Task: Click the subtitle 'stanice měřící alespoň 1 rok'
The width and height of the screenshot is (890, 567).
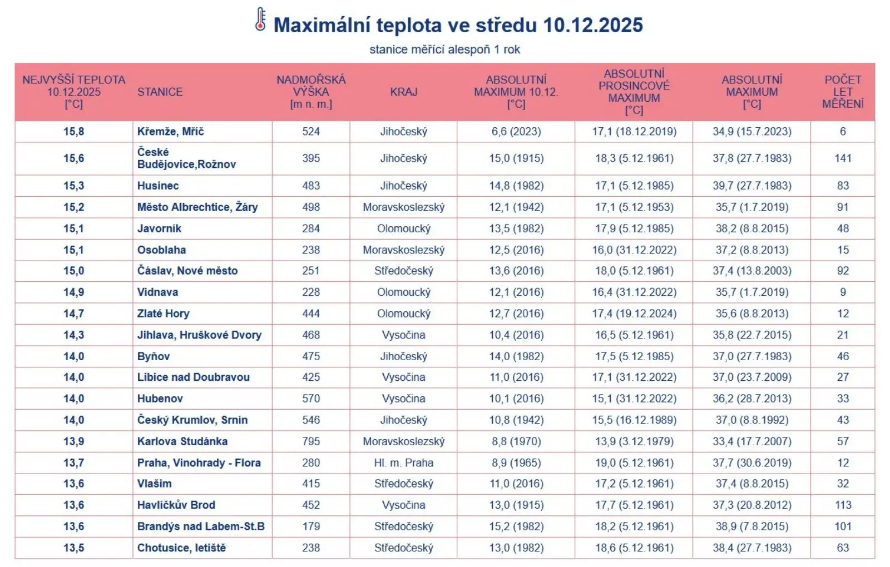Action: point(444,49)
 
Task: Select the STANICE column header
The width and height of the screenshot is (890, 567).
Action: point(160,92)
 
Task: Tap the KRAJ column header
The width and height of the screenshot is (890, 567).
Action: point(403,92)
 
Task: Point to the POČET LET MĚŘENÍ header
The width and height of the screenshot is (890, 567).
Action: point(843,92)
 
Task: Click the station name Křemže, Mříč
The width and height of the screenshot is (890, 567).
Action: point(170,132)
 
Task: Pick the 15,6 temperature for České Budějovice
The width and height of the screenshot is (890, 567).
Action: point(73,158)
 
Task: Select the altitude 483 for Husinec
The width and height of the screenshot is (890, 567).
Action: point(311,186)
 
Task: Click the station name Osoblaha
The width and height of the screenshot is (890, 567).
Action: point(161,250)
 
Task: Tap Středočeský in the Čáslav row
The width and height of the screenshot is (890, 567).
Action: point(403,271)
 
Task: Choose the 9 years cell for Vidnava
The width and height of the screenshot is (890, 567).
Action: point(843,292)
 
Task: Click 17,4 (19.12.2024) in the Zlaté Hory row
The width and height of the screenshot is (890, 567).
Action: point(634,314)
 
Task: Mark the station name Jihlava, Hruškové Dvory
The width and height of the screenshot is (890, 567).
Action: point(199,335)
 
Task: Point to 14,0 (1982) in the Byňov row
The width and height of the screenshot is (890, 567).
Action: point(516,357)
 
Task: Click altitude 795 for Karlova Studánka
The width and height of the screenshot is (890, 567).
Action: point(311,442)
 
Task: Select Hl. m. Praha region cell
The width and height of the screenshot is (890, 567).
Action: point(403,463)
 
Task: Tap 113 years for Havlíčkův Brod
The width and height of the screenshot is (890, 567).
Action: point(843,505)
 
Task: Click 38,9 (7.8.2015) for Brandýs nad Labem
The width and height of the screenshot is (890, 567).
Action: point(751,526)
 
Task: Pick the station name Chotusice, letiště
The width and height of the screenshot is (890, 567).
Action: point(181,548)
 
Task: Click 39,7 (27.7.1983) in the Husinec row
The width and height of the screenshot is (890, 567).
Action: point(751,186)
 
